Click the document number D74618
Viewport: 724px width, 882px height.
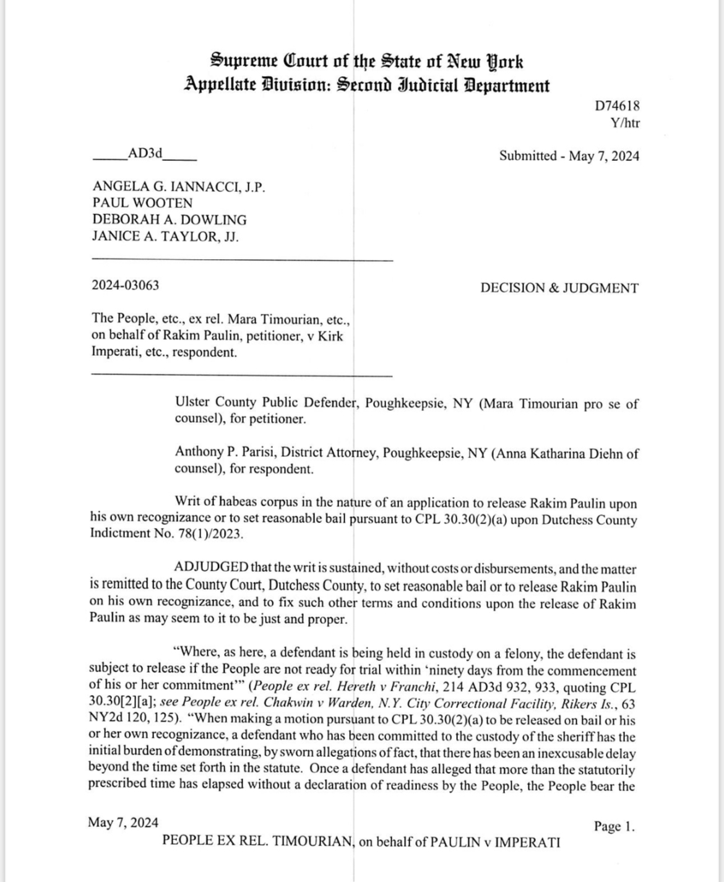pos(617,106)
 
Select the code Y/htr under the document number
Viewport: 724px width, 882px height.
pos(624,123)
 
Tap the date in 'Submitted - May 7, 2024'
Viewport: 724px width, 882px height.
pos(604,156)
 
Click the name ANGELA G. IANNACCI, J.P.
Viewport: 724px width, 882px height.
pos(179,186)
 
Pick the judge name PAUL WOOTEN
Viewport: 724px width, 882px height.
pos(142,203)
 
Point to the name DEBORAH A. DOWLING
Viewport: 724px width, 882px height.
pos(169,220)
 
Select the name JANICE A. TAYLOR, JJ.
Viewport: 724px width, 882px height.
pos(165,236)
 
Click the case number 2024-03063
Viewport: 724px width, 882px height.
pos(125,285)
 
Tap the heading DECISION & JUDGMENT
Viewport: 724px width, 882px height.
pos(559,288)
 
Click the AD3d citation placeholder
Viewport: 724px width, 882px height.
pos(144,153)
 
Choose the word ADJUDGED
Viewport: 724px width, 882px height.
pos(212,568)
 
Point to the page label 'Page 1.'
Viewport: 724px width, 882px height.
pos(614,826)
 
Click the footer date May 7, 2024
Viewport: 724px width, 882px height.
pos(123,823)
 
